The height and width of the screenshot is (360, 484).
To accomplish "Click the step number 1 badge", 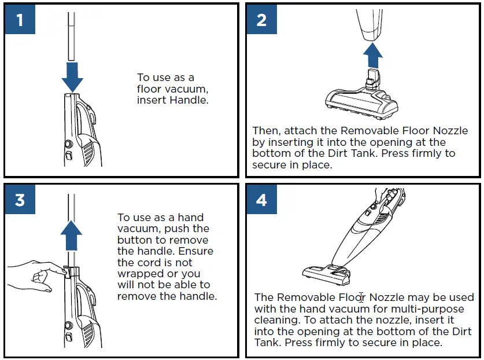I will [x=20, y=20].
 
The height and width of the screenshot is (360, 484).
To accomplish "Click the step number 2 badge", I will [x=261, y=20].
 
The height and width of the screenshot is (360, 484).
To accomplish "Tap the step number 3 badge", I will [x=20, y=200].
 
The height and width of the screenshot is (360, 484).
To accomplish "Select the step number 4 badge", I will [x=261, y=200].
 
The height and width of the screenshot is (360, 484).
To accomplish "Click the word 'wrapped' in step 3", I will [x=136, y=274].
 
